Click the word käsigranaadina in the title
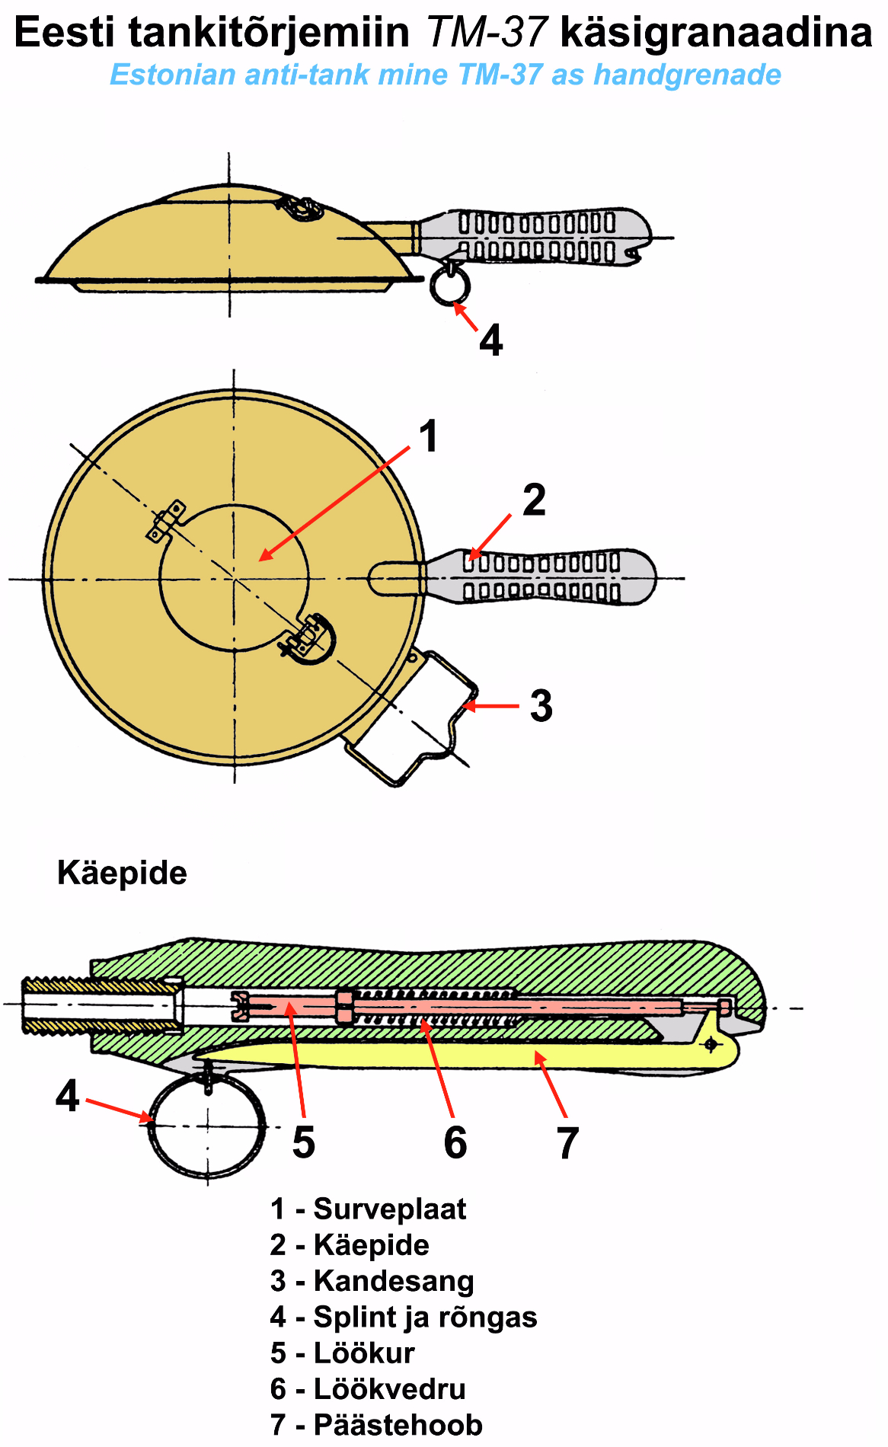(715, 32)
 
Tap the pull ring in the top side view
(450, 286)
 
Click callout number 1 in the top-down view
(429, 436)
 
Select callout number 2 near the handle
(534, 500)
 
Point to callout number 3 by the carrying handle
(541, 706)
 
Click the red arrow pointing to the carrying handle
(491, 706)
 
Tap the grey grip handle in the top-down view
(541, 577)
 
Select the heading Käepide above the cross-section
(122, 873)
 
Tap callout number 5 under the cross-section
(303, 1142)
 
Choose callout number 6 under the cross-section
(455, 1142)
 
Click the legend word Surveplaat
(389, 1209)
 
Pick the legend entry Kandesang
(393, 1281)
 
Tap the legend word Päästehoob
(398, 1425)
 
